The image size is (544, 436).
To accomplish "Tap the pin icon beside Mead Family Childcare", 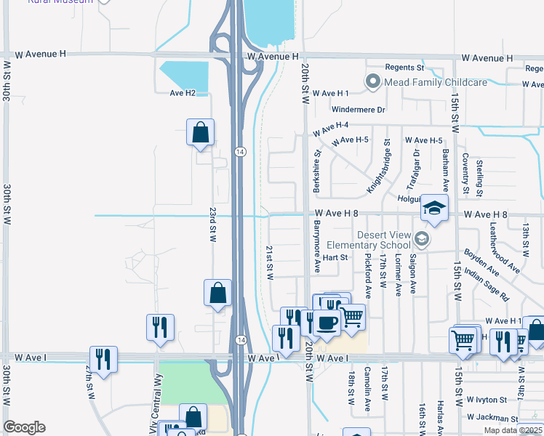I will (x=374, y=81).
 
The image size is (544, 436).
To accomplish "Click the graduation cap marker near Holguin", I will (x=435, y=209).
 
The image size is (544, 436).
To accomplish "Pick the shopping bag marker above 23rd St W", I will (x=200, y=134).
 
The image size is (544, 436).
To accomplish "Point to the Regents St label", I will (x=404, y=68).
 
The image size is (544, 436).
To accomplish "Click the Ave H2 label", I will (x=183, y=93).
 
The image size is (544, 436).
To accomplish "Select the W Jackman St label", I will (x=492, y=418).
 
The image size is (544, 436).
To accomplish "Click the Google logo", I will (x=24, y=427).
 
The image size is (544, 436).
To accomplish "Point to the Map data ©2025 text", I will (x=512, y=430).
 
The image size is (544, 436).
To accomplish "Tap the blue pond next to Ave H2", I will (x=184, y=76).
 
